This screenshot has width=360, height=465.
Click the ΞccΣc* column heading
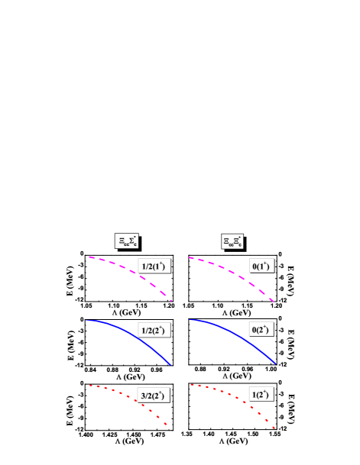tap(126, 241)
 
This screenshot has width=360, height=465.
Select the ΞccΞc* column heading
tap(232, 241)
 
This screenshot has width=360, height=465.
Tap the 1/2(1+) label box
tap(154, 266)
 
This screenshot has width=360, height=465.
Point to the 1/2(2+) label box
tap(154, 330)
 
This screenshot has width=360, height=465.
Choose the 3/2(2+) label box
tap(154, 395)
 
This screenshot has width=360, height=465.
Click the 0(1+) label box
tap(261, 266)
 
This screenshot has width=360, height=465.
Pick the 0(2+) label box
tap(261, 330)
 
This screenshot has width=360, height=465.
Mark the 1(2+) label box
tap(261, 395)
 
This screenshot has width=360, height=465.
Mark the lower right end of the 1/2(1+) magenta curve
tap(171, 301)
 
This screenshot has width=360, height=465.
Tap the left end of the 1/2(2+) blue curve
tap(89, 321)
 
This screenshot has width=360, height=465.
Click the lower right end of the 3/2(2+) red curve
tap(167, 425)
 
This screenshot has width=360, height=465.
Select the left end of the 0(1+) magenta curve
tap(190, 257)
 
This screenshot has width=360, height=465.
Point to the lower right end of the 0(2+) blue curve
tap(274, 363)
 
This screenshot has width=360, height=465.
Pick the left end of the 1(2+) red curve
tap(190, 384)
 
